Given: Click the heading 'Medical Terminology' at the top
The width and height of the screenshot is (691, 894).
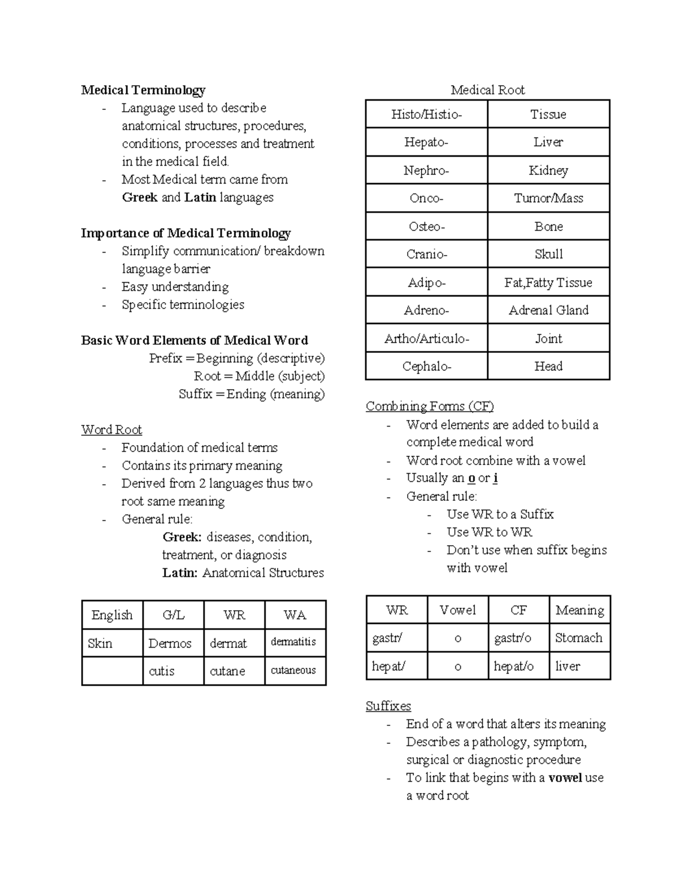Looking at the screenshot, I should pyautogui.click(x=143, y=90).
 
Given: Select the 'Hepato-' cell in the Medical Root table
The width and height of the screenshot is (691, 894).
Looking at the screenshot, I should pyautogui.click(x=426, y=142).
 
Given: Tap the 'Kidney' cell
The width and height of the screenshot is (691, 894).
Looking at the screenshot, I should pyautogui.click(x=548, y=170).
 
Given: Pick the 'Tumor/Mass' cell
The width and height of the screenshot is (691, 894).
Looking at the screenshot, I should pyautogui.click(x=548, y=198).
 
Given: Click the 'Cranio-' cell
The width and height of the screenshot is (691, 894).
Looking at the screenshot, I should pyautogui.click(x=426, y=254).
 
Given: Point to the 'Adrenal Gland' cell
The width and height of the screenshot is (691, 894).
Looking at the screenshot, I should pyautogui.click(x=548, y=310).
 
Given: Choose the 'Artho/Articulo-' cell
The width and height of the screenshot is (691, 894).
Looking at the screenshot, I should pyautogui.click(x=426, y=338).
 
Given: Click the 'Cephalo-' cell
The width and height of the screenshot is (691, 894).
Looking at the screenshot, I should pyautogui.click(x=426, y=366).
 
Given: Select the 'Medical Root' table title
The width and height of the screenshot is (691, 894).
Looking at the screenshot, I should pyautogui.click(x=487, y=90).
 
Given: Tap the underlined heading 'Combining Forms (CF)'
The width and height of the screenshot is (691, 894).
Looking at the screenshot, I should pyautogui.click(x=430, y=406).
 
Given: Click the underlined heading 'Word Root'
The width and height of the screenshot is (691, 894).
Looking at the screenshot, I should pyautogui.click(x=111, y=430).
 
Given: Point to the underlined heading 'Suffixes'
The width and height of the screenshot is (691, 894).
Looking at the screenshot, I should pyautogui.click(x=388, y=706).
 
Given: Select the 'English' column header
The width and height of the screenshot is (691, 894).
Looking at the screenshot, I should pyautogui.click(x=112, y=615).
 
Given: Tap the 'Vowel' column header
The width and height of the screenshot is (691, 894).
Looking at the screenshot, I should pyautogui.click(x=457, y=610).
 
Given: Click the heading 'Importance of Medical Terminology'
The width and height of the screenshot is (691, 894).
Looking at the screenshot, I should pyautogui.click(x=185, y=233).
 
